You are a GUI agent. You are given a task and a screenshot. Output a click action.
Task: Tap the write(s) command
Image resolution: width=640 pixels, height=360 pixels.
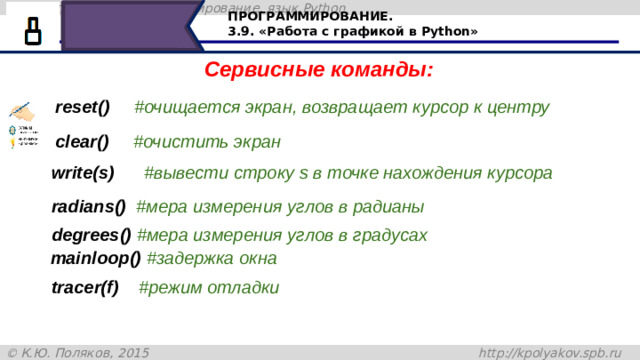point(83,173)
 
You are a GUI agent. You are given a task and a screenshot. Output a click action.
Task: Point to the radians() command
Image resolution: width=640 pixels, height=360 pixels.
point(88,207)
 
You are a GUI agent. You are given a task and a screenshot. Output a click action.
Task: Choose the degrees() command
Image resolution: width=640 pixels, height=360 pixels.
point(91,236)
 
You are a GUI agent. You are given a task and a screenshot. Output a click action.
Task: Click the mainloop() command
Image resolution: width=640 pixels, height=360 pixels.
point(95,258)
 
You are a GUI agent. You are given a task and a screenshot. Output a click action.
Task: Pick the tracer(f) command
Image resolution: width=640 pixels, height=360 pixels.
point(85,288)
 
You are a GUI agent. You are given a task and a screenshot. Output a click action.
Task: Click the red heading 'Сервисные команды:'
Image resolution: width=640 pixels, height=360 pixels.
point(318,71)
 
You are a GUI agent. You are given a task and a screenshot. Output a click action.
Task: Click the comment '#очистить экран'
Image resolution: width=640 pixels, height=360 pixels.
point(207,142)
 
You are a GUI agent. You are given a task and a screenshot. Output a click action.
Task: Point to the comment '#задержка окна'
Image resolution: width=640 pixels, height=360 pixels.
point(211,258)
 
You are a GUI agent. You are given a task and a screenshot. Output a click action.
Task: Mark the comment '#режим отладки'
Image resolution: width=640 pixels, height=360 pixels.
point(208,288)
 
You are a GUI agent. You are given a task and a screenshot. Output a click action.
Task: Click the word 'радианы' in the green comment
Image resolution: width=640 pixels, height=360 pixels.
point(391,207)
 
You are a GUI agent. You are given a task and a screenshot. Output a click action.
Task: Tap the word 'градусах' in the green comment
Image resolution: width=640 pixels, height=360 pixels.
point(393,236)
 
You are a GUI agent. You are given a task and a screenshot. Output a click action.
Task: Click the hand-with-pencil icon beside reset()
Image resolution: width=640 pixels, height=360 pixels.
point(20,108)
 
